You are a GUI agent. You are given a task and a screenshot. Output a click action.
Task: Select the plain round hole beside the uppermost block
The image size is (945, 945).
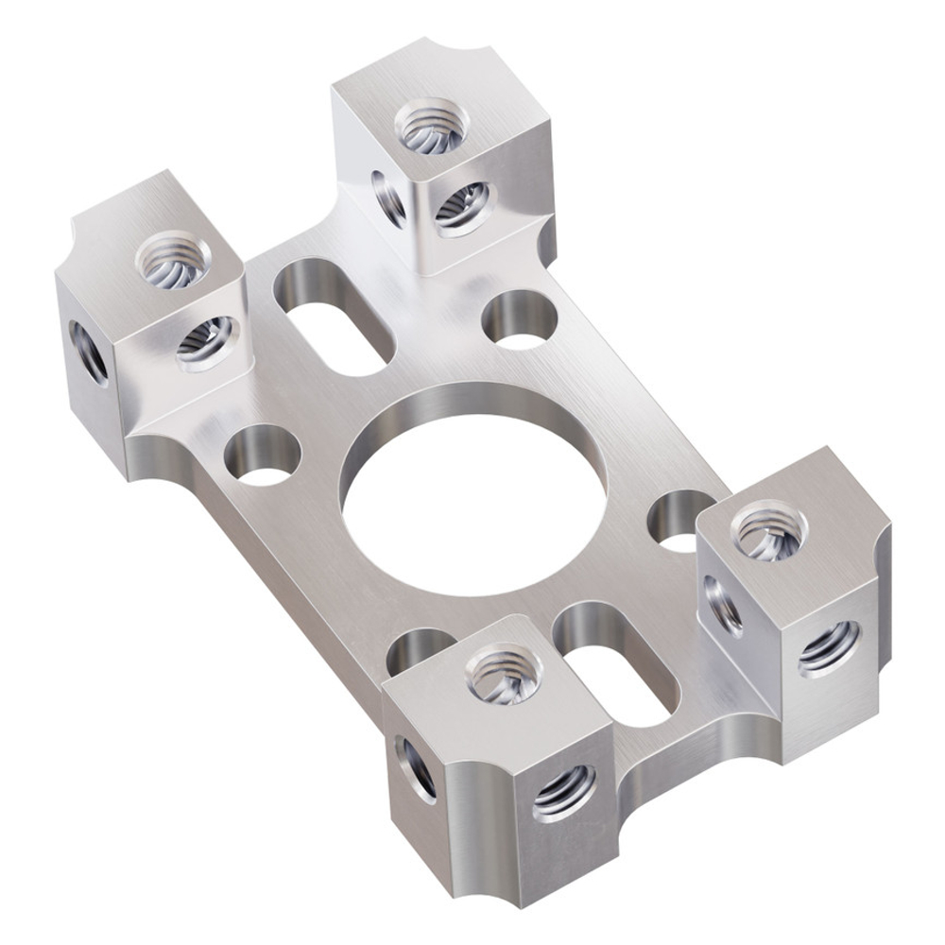pyautogui.click(x=519, y=319)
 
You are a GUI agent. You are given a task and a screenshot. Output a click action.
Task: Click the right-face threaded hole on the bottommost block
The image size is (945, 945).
pyautogui.click(x=564, y=792)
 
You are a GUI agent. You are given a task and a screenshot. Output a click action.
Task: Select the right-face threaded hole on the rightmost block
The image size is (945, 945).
pyautogui.click(x=829, y=648)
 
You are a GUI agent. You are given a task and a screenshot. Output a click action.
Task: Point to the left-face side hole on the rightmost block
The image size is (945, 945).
pyautogui.click(x=723, y=605)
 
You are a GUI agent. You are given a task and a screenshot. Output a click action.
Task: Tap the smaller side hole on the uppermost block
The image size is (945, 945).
pyautogui.click(x=388, y=198)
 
